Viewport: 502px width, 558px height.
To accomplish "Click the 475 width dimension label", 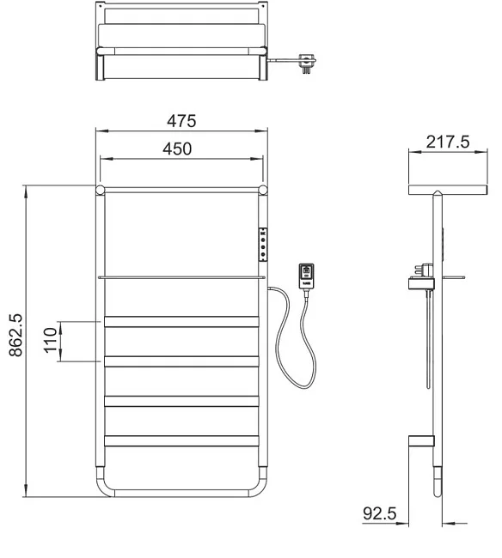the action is [x=181, y=121].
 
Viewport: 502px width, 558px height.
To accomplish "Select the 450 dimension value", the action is [x=177, y=149].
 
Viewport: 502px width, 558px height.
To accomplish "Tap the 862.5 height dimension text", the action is [x=16, y=335].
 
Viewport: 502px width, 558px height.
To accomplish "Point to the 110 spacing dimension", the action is [x=51, y=341].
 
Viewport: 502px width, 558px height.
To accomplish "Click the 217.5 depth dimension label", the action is [x=448, y=142].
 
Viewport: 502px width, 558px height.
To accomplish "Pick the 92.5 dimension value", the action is [x=379, y=513].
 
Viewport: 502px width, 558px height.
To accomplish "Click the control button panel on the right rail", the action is [x=263, y=245].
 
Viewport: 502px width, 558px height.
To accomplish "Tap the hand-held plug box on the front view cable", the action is [x=306, y=276].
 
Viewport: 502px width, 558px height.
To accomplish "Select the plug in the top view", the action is [x=307, y=63].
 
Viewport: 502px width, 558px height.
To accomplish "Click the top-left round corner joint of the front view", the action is [x=100, y=190].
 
